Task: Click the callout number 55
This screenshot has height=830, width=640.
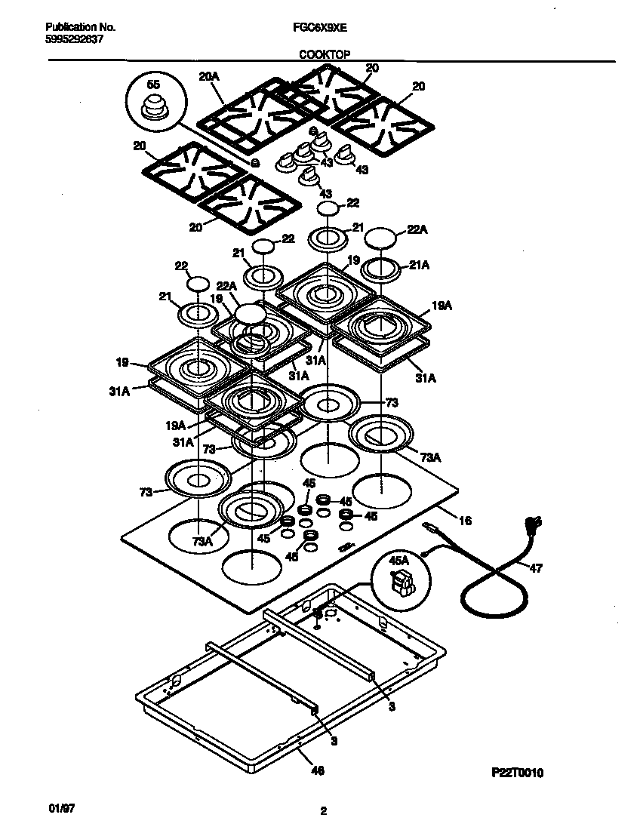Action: point(154,85)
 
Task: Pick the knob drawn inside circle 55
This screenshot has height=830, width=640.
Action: point(155,107)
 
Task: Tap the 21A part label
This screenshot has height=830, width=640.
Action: point(420,265)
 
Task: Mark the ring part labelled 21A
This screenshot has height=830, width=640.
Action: point(383,268)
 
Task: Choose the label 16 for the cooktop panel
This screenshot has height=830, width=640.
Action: point(465,521)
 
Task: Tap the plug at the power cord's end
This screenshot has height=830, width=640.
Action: point(533,523)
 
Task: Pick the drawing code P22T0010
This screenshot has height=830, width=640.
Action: point(517,773)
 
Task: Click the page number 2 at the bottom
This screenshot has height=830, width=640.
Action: point(323,812)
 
